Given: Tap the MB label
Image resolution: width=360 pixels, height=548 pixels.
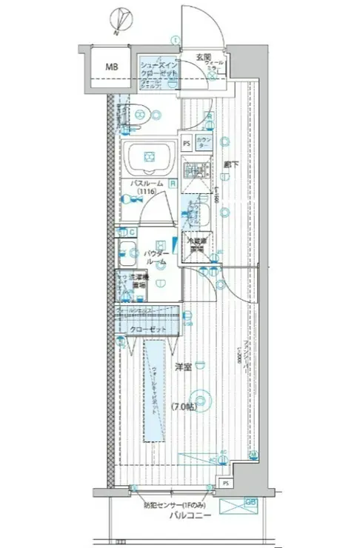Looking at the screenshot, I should point(111,68).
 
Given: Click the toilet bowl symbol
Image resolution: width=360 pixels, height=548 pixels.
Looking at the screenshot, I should point(153,113).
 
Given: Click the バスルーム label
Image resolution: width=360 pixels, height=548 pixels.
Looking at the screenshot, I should point(147,182).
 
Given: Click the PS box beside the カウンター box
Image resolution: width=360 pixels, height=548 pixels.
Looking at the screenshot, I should point(187,143).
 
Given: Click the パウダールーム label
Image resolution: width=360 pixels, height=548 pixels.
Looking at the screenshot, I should point(156,257).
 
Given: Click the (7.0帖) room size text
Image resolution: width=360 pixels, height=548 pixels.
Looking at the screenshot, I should point(184,407).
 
